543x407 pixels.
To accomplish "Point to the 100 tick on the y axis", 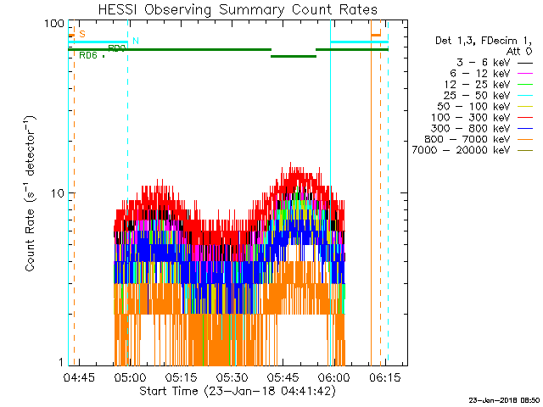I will pos(55,23).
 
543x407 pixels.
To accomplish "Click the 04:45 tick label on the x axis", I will pos(77,377).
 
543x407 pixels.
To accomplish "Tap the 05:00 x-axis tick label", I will pos(131,377).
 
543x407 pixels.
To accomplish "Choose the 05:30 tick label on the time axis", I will pos(232,377).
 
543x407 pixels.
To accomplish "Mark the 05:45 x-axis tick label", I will pos(283,377).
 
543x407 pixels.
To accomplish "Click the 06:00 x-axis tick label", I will pos(333,377).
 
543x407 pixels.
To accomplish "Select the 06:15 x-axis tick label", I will pos(383,377).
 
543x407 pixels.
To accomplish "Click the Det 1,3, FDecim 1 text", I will pos(476,40).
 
